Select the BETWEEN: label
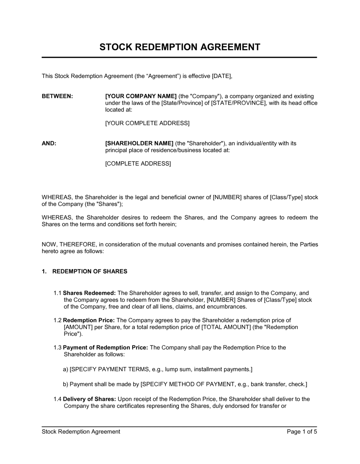pos(57,96)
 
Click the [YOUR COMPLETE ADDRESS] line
pos(147,123)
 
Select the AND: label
pos(49,144)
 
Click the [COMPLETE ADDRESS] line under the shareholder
pos(138,164)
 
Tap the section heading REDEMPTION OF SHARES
pos(90,272)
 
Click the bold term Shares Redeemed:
pos(89,293)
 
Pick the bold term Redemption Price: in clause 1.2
pos(89,320)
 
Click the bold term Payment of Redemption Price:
pos(105,347)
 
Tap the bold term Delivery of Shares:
pos(89,399)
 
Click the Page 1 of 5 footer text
pos(302,432)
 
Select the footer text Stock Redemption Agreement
pos(81,432)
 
